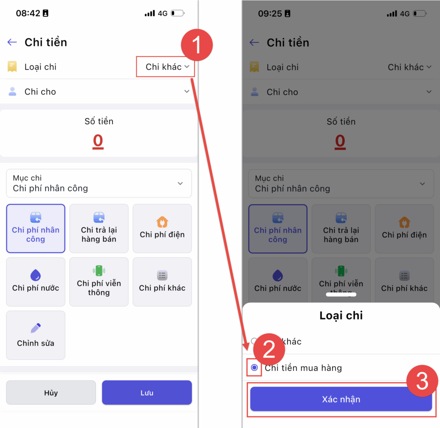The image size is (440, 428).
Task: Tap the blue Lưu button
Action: pyautogui.click(x=147, y=392)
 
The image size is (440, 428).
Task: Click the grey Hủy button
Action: pyautogui.click(x=51, y=392)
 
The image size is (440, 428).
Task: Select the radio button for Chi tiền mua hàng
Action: pyautogui.click(x=254, y=367)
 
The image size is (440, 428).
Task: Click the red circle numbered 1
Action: pyautogui.click(x=197, y=45)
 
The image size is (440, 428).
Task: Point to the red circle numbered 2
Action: pyautogui.click(x=269, y=349)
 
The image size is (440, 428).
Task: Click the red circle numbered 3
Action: pyautogui.click(x=422, y=381)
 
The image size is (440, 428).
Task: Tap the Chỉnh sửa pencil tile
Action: pyautogui.click(x=36, y=335)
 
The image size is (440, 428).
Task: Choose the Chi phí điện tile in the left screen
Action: pyautogui.click(x=162, y=228)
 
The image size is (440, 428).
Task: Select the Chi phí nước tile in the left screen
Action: pyautogui.click(x=36, y=282)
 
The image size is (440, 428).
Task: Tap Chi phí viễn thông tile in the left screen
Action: pyautogui.click(x=99, y=282)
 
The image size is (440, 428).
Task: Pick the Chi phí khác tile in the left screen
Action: pyautogui.click(x=162, y=282)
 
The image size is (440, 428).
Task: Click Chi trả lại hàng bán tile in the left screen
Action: pyautogui.click(x=99, y=228)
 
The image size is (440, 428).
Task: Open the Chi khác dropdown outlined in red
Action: pyautogui.click(x=165, y=67)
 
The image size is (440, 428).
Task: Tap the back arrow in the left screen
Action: pyautogui.click(x=12, y=42)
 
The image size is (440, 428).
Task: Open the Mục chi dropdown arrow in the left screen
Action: pyautogui.click(x=180, y=183)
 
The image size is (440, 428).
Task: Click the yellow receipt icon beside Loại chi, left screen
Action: pyautogui.click(x=12, y=67)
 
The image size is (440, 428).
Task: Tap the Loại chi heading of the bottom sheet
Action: pyautogui.click(x=341, y=316)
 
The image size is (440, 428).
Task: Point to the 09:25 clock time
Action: pyautogui.click(x=270, y=13)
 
